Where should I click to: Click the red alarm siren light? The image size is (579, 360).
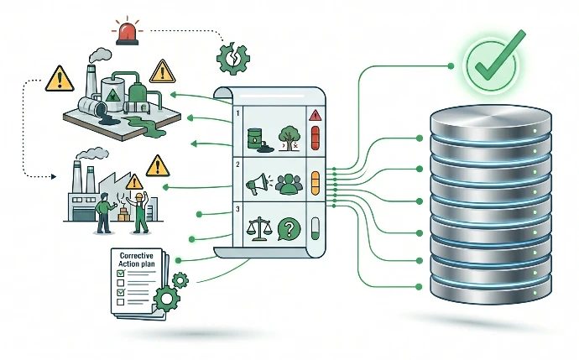click(128, 34)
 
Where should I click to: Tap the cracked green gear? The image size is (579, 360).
click(232, 59)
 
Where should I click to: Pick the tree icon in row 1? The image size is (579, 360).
click(289, 138)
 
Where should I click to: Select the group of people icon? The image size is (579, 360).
click(289, 184)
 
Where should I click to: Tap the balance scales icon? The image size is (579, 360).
click(258, 229)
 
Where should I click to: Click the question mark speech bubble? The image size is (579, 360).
click(289, 229)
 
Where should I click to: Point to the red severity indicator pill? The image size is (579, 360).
click(316, 138)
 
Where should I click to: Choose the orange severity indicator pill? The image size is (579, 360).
click(316, 183)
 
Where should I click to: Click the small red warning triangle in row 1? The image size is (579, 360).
click(315, 115)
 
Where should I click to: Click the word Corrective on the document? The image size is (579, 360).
click(137, 255)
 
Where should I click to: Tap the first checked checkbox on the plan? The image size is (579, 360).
click(121, 274)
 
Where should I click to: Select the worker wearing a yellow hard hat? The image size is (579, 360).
click(139, 213)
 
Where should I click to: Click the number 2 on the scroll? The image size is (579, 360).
click(237, 164)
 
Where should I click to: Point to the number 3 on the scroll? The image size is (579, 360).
click(237, 209)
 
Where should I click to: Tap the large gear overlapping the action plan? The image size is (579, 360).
click(166, 299)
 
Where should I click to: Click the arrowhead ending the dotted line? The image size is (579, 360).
click(54, 177)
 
